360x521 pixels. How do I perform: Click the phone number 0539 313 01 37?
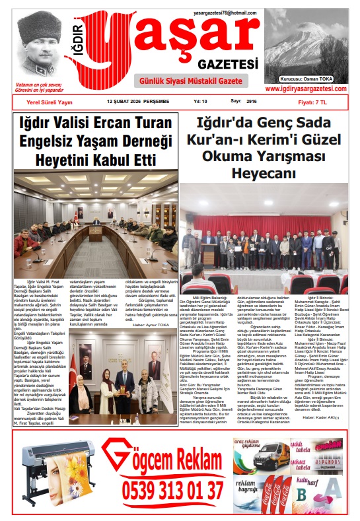point(173,490)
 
